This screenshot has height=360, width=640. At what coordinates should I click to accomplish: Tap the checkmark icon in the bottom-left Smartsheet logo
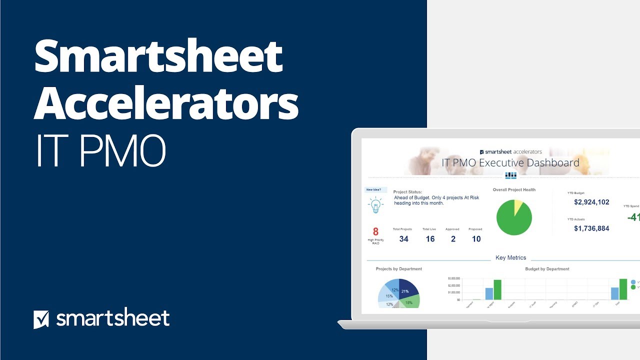pyautogui.click(x=41, y=319)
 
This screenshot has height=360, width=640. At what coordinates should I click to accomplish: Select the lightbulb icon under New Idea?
pyautogui.click(x=375, y=205)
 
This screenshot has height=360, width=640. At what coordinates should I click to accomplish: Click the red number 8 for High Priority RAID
pyautogui.click(x=376, y=232)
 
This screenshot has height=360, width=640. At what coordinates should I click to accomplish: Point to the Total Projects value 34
pyautogui.click(x=403, y=239)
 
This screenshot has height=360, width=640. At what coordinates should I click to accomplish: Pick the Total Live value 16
pyautogui.click(x=430, y=239)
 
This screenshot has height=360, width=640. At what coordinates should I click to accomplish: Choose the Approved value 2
pyautogui.click(x=453, y=239)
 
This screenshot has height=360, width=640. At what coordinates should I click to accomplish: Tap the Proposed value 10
pyautogui.click(x=476, y=239)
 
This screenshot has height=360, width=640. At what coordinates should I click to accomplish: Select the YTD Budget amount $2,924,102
pyautogui.click(x=591, y=202)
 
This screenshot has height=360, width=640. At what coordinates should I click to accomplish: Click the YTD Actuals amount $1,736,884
pyautogui.click(x=591, y=228)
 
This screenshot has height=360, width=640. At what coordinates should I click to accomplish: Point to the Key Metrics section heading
pyautogui.click(x=510, y=258)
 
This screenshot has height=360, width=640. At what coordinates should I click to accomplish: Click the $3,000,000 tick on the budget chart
pyautogui.click(x=453, y=278)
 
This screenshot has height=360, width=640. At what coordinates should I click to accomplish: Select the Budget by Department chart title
pyautogui.click(x=547, y=269)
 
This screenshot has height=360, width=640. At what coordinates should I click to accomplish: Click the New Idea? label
pyautogui.click(x=375, y=190)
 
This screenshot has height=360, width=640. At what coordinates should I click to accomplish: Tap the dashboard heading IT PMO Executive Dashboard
pyautogui.click(x=510, y=163)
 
